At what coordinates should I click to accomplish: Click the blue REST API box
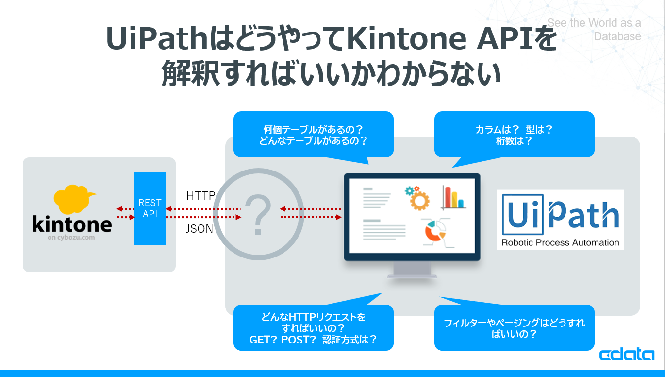click(x=150, y=209)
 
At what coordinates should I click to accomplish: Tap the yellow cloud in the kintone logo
click(x=73, y=199)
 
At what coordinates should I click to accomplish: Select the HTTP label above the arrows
click(x=200, y=196)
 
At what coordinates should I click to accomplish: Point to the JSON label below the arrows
click(x=199, y=229)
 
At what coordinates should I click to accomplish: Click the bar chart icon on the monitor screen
click(x=453, y=197)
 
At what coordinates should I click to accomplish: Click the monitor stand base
click(x=412, y=275)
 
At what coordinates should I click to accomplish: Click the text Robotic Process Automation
click(x=560, y=242)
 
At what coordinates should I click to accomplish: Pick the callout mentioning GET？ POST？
click(x=313, y=328)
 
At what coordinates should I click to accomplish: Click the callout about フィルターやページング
click(x=514, y=328)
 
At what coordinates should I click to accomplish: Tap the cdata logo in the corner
click(x=627, y=355)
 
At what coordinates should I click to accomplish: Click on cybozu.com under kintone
click(x=72, y=238)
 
